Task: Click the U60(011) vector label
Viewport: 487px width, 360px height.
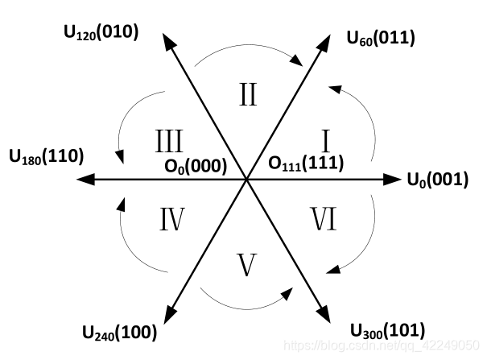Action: click(381, 37)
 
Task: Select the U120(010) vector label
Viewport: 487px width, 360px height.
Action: click(101, 32)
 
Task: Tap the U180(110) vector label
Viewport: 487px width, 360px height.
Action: click(46, 155)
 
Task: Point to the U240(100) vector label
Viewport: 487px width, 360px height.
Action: click(119, 331)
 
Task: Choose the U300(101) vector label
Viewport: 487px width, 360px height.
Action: click(387, 329)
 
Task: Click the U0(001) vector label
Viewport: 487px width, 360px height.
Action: click(436, 180)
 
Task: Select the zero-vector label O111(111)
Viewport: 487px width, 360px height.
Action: click(306, 163)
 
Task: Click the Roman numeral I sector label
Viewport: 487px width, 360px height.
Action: click(327, 143)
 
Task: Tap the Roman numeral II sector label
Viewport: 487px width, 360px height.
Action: click(248, 96)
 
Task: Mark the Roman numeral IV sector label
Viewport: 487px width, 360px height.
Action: click(172, 219)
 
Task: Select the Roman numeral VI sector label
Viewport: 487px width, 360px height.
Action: click(324, 219)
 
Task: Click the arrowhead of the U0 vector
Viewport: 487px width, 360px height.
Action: click(393, 180)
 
